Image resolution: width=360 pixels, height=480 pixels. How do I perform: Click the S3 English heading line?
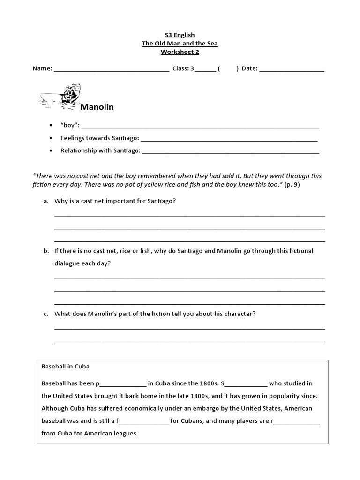pos(180,35)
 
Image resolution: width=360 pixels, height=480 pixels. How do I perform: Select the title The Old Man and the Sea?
pos(180,43)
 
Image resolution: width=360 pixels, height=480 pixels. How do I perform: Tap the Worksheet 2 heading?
pos(180,52)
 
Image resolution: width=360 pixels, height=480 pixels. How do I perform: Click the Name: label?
pos(42,69)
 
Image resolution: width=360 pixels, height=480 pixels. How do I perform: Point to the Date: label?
pos(249,69)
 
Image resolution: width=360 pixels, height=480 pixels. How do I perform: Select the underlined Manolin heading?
pos(97,107)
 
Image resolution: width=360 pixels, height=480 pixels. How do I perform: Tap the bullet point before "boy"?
pos(51,126)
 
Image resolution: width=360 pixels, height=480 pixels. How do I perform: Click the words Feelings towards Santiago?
pos(99,138)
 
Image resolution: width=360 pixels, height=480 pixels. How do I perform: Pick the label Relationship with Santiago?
pos(100,150)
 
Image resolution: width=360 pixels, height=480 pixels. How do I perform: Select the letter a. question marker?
pos(46,201)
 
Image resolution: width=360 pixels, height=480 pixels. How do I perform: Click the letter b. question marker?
pos(46,251)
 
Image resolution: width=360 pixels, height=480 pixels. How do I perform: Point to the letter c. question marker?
pos(46,314)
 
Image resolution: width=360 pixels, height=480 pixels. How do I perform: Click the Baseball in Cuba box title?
pos(65,366)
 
